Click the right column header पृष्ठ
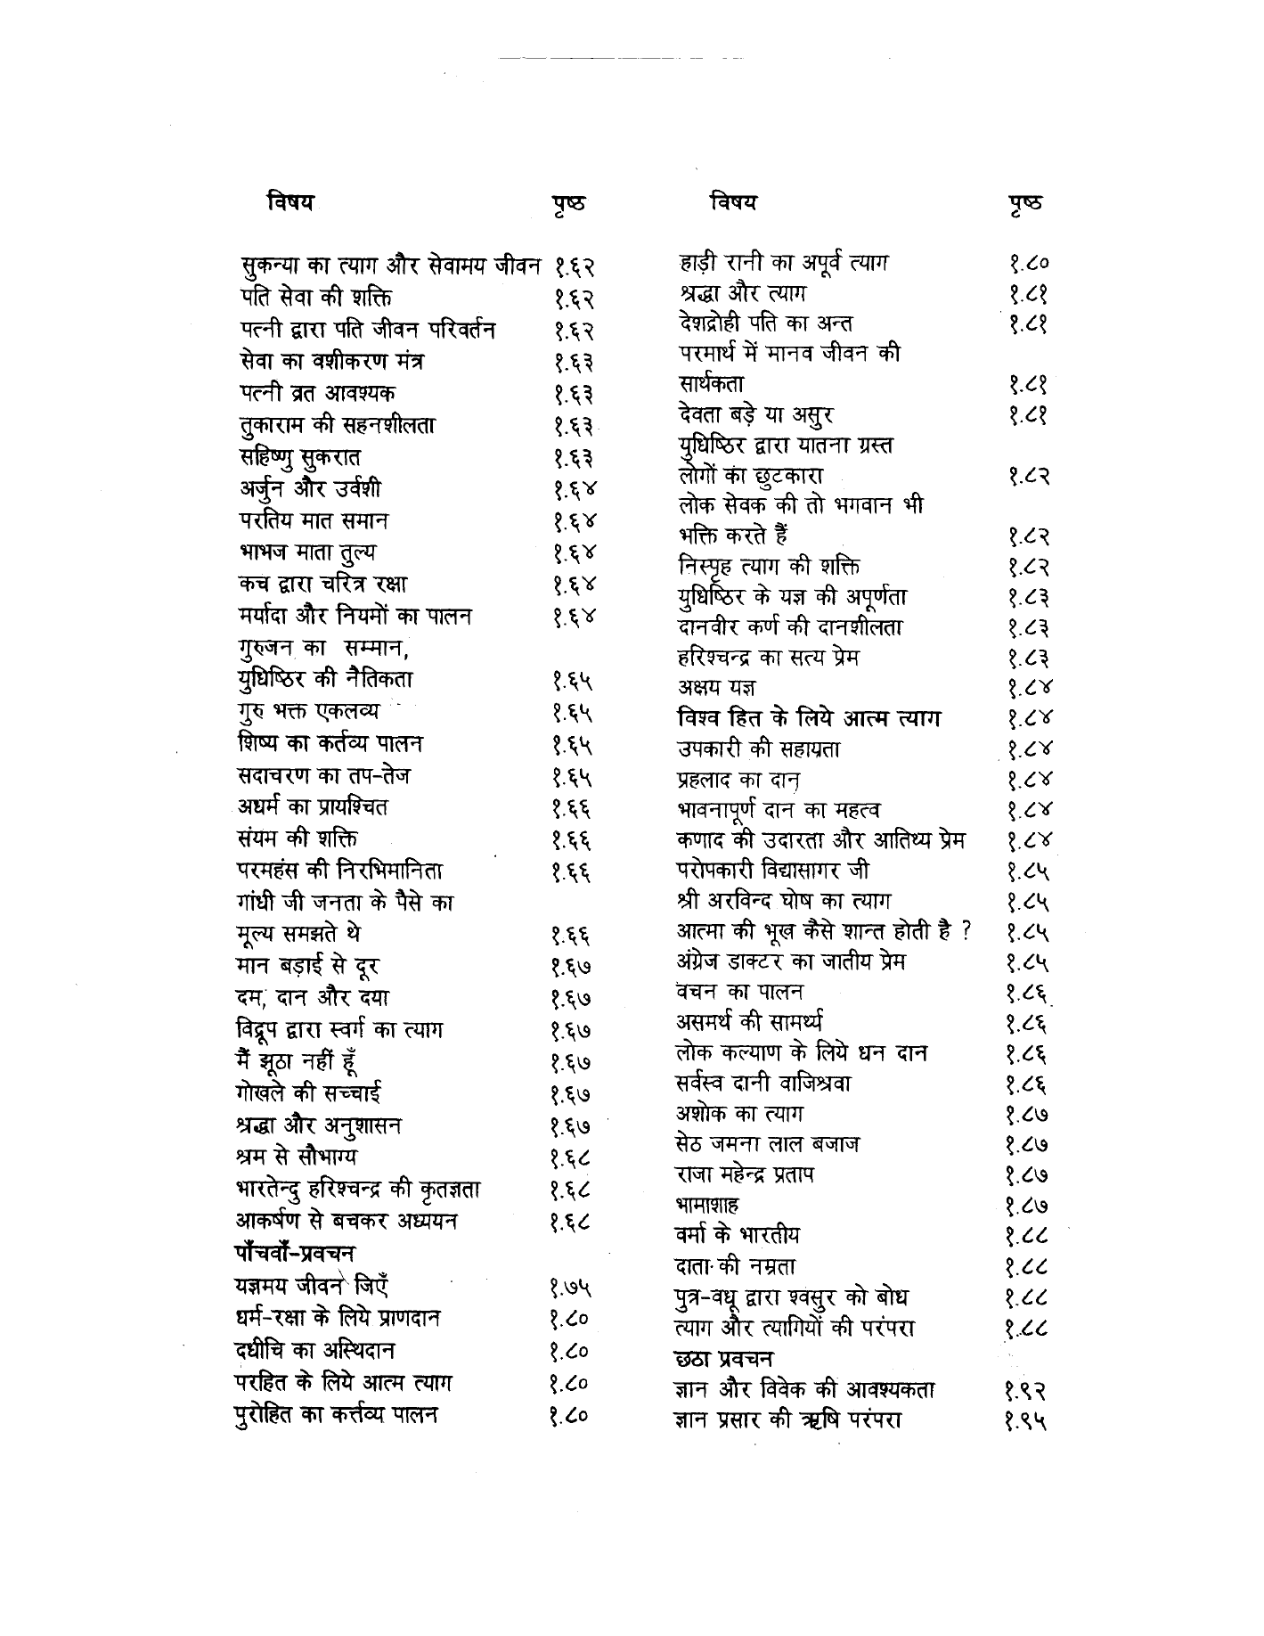tap(1026, 203)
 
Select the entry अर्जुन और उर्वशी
tap(311, 489)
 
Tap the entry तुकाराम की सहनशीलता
tap(337, 425)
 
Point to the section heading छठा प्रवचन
tap(723, 1360)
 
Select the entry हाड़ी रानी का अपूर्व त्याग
tap(782, 264)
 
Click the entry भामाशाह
tap(707, 1206)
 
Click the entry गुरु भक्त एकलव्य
tap(308, 712)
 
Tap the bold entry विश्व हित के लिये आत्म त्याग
tap(808, 718)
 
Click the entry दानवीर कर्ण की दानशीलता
tap(789, 628)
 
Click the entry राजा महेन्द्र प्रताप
tap(746, 1175)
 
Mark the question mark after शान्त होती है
tap(965, 932)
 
